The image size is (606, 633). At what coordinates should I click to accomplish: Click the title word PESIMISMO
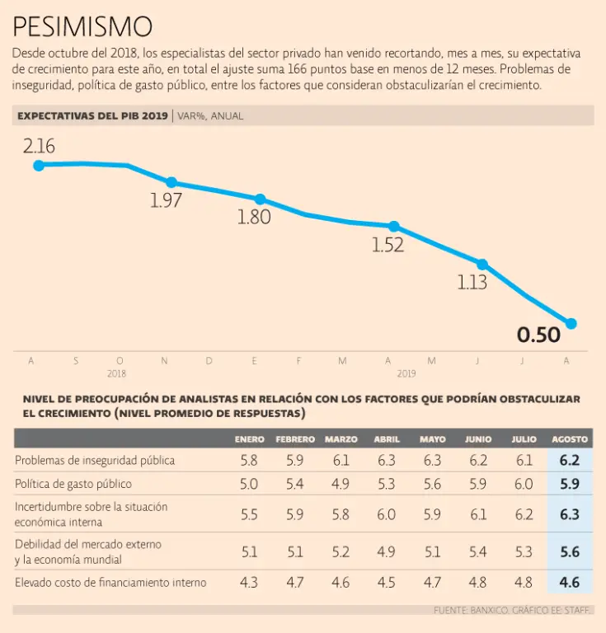coord(82,26)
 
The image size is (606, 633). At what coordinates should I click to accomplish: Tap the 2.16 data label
coord(39,147)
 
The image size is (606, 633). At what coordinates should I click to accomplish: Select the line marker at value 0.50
coord(571,323)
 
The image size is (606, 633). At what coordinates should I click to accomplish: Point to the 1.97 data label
coord(166,201)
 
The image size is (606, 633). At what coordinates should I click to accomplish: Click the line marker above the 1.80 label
coord(261,199)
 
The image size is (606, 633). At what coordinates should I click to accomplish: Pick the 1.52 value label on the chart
coord(388,245)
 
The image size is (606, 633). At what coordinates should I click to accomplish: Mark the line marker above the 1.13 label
coord(483,265)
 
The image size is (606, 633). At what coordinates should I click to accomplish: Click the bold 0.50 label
coord(538,335)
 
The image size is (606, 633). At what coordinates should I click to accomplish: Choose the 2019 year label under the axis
coord(406,373)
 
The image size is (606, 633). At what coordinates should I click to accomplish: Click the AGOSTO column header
coord(569,440)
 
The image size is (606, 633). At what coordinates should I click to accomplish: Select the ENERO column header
coord(249,440)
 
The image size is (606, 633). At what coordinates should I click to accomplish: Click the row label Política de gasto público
coord(73,484)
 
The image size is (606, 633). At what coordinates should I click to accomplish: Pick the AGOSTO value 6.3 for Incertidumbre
coord(569,514)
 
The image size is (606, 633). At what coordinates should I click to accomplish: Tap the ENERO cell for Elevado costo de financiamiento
coord(249,583)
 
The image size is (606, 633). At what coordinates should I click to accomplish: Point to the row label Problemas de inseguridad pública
coord(95,461)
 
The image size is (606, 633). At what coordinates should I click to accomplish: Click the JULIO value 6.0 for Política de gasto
coord(524,484)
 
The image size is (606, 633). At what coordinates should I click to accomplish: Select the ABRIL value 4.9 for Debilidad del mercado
coord(387,551)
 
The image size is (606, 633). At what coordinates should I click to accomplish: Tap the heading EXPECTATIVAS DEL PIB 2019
coord(92,116)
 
